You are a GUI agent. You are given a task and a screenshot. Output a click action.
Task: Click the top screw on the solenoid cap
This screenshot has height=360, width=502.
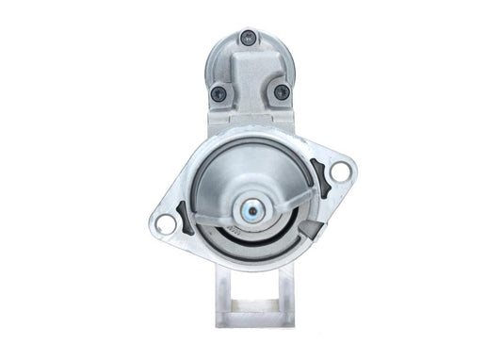point(249,38)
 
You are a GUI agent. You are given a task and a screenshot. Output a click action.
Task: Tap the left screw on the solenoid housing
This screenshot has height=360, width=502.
point(219,93)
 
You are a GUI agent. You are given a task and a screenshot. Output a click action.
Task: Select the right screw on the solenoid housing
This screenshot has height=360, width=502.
point(281,92)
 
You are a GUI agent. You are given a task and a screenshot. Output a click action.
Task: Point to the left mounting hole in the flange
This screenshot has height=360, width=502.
point(165,223)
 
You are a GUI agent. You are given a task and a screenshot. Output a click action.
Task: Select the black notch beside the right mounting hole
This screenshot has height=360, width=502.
point(319,179)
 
